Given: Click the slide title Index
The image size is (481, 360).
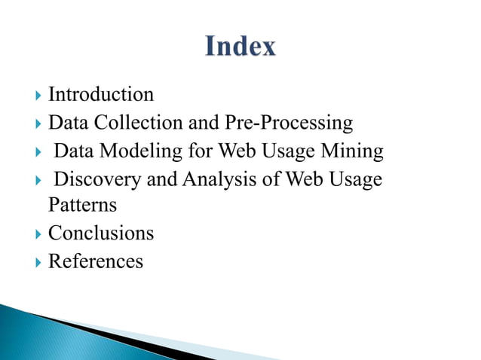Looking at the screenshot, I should (x=240, y=47).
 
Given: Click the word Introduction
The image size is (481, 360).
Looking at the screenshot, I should (x=101, y=95).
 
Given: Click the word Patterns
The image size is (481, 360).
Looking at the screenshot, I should (x=82, y=205).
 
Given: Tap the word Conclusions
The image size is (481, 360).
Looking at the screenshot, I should (x=101, y=233).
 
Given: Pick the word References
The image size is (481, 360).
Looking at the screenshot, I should (x=96, y=261).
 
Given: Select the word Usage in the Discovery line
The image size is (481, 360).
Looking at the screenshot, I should (x=355, y=180).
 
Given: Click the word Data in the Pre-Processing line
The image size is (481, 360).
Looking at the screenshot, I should (x=64, y=122).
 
